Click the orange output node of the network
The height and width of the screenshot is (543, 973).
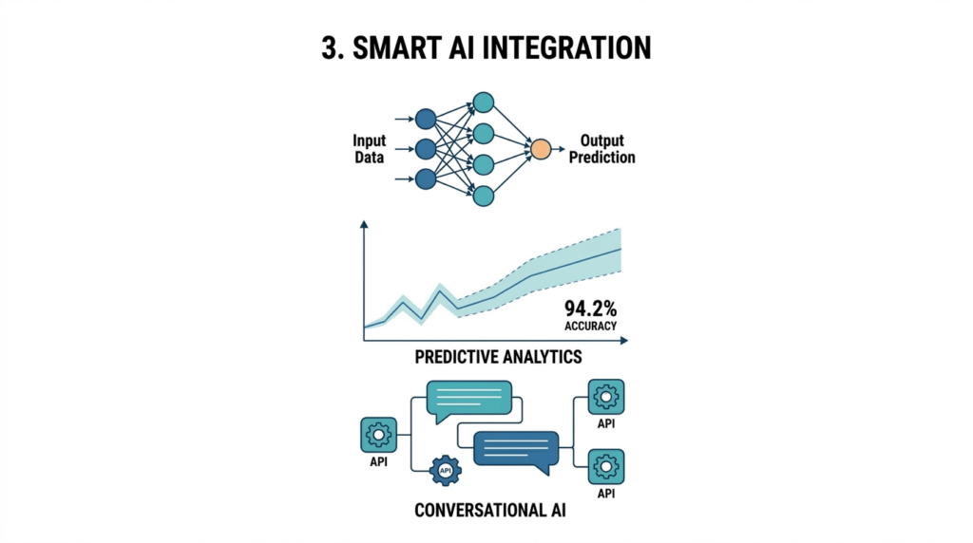[x=541, y=149]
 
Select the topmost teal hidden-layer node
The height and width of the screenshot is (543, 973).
[x=484, y=103]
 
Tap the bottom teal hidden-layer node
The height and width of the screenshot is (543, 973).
[x=484, y=196]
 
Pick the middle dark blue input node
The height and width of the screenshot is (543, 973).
[x=426, y=149]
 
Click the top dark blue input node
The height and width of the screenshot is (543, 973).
[x=426, y=119]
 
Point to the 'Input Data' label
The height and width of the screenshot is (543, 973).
[x=370, y=149]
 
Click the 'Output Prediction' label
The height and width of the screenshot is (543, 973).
[x=601, y=149]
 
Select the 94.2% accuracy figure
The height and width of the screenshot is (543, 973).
[x=590, y=309]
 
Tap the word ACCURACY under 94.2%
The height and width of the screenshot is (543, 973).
[x=590, y=326]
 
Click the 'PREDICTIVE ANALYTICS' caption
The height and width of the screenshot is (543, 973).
[x=498, y=357]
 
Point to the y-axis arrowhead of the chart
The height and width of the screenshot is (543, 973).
[x=364, y=224]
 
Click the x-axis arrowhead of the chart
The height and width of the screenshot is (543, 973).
[x=624, y=340]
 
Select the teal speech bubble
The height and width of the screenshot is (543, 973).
[x=469, y=402]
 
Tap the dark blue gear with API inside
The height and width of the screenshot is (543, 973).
[x=446, y=471]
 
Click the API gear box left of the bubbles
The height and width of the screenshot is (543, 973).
[x=378, y=435]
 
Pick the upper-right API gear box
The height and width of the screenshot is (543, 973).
[x=606, y=397]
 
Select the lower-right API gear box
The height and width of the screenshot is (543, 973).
[x=606, y=467]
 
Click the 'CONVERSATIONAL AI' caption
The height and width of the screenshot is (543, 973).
[x=490, y=510]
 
